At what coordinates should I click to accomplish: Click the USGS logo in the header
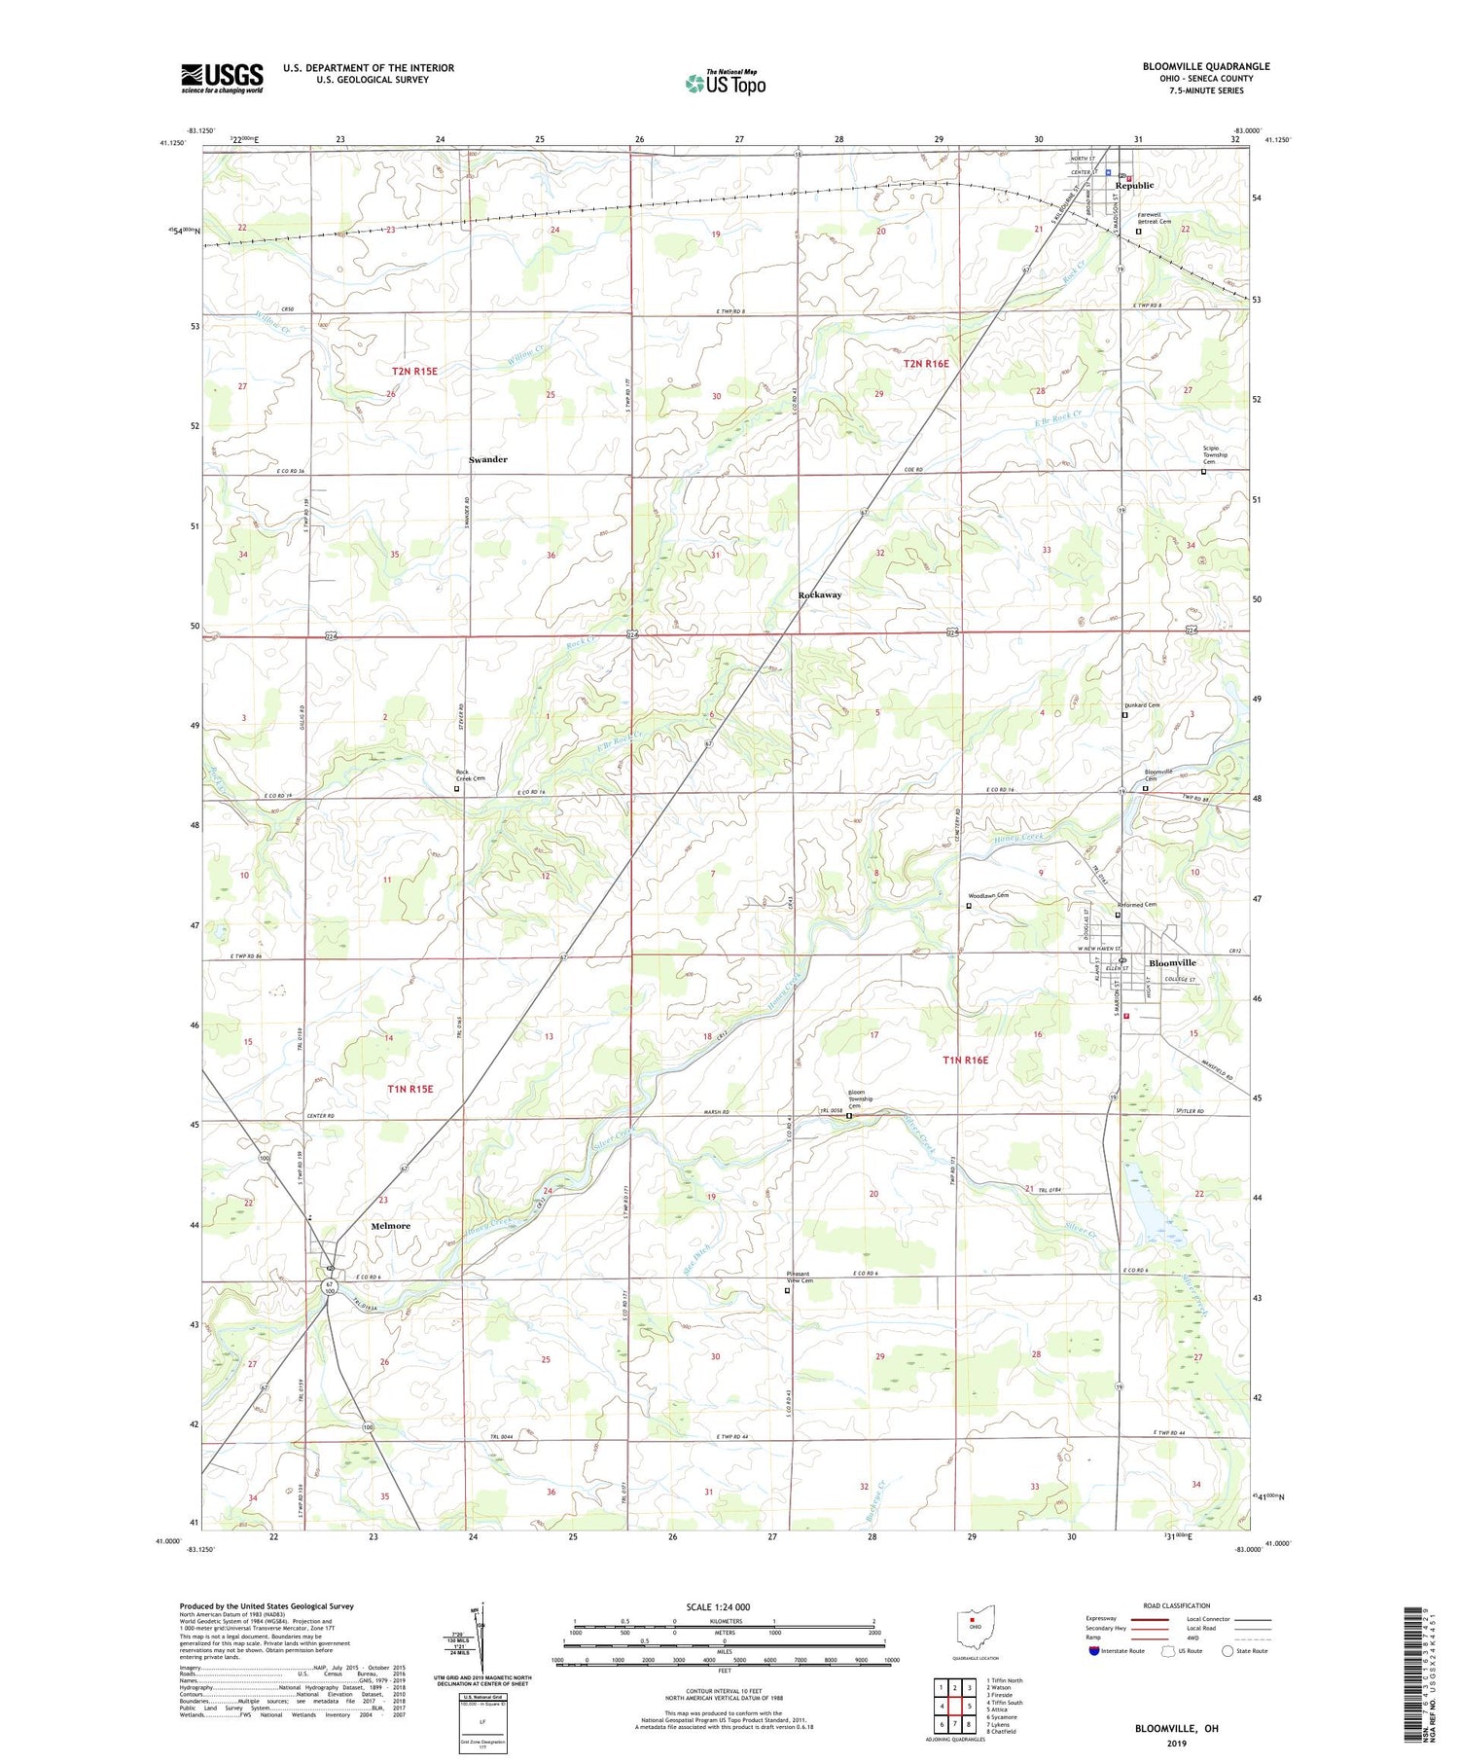[222, 78]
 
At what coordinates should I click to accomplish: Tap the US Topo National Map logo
[725, 83]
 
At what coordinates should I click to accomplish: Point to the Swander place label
[487, 459]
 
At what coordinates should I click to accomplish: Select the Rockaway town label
[820, 594]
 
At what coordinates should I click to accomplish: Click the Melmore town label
[390, 1226]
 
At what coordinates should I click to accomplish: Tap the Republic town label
[1134, 186]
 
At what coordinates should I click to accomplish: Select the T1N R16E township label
[965, 1060]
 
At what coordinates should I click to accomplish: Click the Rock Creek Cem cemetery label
[471, 777]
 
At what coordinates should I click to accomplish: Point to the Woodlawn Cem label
[988, 895]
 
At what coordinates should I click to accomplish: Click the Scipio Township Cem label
[1215, 454]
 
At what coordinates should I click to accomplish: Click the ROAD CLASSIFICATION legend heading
[1177, 1605]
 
